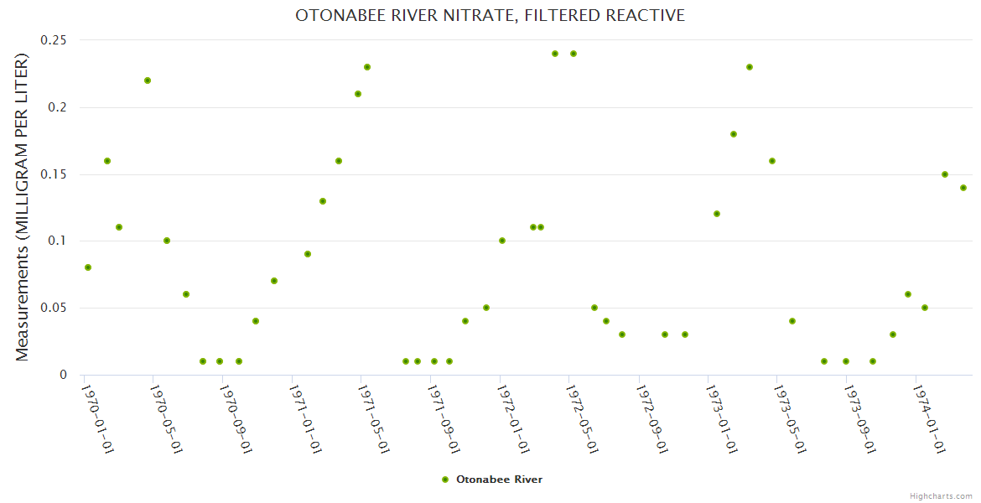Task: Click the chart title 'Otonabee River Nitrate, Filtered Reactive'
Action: (490, 15)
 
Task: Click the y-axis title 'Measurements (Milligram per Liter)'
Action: (23, 207)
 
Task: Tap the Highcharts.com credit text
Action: (941, 495)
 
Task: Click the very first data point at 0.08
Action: (88, 267)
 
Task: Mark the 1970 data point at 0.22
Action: (148, 80)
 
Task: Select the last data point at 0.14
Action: (963, 188)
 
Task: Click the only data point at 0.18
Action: (734, 134)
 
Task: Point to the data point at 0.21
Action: (358, 94)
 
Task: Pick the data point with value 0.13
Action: (323, 201)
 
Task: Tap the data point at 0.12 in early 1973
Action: (717, 214)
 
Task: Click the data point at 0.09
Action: (308, 254)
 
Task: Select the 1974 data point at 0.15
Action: (945, 174)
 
